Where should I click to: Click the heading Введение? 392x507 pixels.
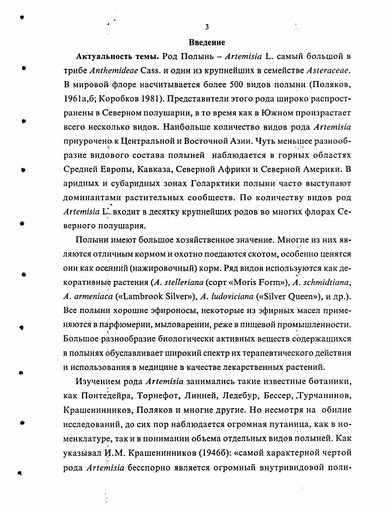pos(207,43)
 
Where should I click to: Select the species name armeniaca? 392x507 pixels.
pos(92,297)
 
